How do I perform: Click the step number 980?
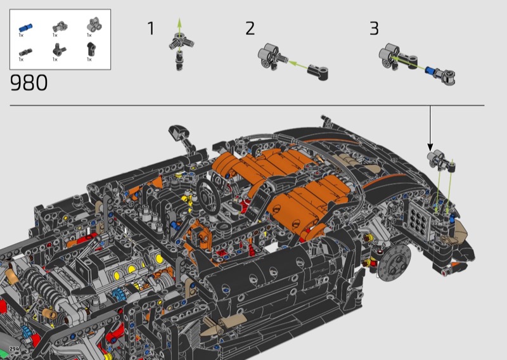pyautogui.click(x=29, y=82)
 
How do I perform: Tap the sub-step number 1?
pyautogui.click(x=151, y=28)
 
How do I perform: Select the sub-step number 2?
pyautogui.click(x=250, y=28)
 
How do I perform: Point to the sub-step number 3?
pyautogui.click(x=374, y=28)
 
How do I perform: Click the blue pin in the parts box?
pyautogui.click(x=25, y=27)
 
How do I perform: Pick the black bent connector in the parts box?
pyautogui.click(x=90, y=49)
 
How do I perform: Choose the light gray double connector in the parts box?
pyautogui.click(x=94, y=25)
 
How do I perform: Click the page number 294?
pyautogui.click(x=14, y=349)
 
